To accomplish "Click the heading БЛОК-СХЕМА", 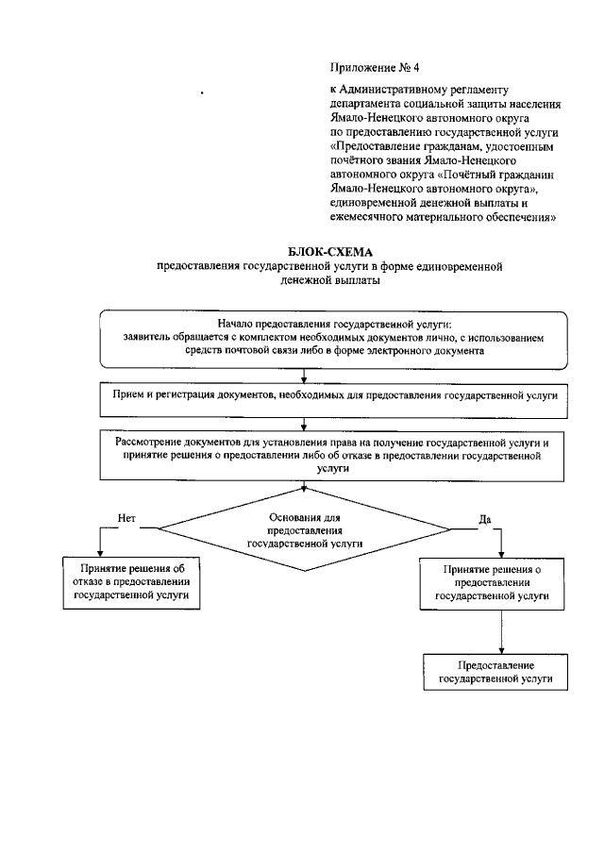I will (x=330, y=252).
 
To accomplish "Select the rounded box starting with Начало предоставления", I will (x=330, y=338).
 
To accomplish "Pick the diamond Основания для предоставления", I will (x=305, y=530).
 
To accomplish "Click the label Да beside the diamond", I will (x=485, y=518).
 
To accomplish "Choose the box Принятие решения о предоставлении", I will (x=493, y=583).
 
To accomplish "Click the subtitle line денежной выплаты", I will (x=330, y=281).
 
